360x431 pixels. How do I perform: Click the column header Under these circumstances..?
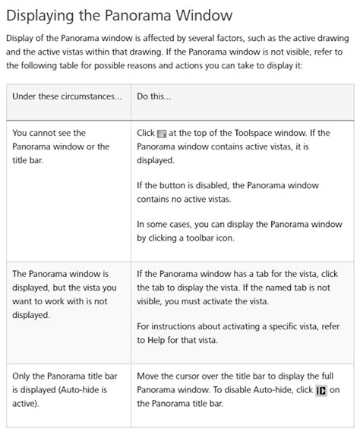[x=66, y=96]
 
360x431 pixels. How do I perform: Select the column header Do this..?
[x=153, y=96]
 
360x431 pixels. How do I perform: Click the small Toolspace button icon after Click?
[x=161, y=134]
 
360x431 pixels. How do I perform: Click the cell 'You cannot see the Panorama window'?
[x=61, y=146]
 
